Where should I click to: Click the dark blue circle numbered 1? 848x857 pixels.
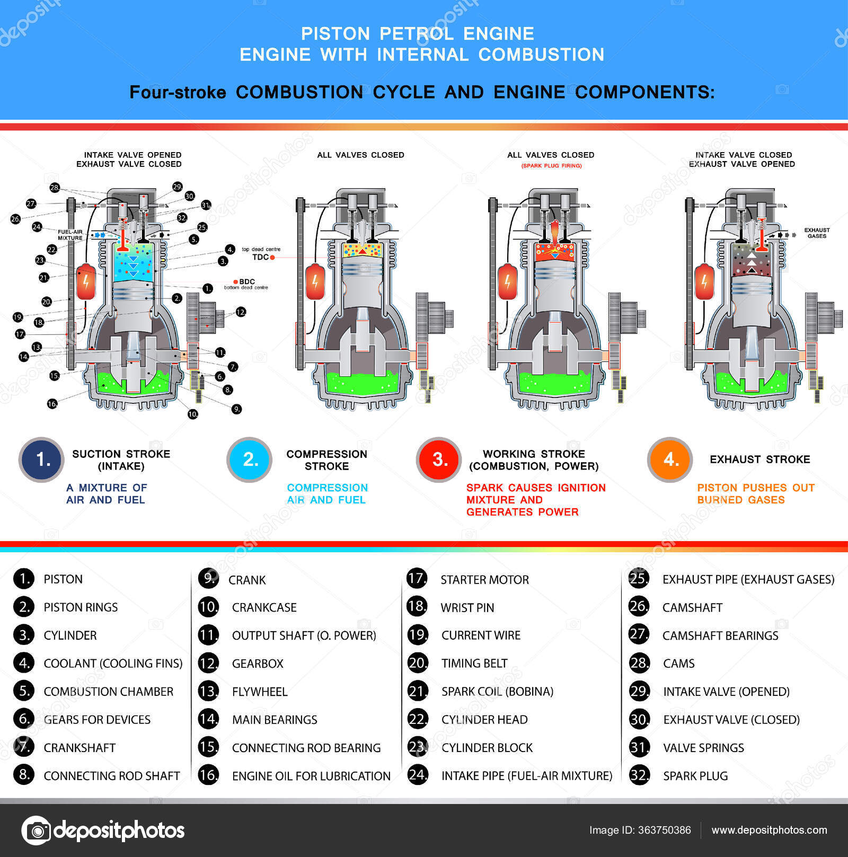coord(41,460)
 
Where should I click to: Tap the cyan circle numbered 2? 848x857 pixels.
coord(249,460)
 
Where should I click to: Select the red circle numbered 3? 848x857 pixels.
coord(438,460)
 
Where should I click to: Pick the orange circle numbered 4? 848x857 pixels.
coord(670,460)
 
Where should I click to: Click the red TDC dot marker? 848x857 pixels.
coord(272,257)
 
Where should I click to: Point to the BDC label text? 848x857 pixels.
coord(247,281)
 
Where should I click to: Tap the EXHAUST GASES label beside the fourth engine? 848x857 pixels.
coord(817,233)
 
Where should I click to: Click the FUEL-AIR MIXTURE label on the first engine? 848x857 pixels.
coord(70,235)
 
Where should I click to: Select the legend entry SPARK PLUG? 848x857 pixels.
coord(695,776)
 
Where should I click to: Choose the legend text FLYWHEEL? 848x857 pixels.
coord(260,692)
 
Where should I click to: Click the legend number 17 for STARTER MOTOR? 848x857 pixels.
coord(417,578)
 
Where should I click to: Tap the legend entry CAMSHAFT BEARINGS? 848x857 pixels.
coord(720,635)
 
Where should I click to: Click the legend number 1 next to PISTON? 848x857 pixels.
coord(24,579)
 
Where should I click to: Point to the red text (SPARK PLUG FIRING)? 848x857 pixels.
coord(551,166)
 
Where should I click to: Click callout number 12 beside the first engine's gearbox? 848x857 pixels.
coord(241,312)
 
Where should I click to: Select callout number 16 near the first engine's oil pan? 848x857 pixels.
coord(52,404)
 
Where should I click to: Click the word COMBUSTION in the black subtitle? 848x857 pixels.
coord(299,92)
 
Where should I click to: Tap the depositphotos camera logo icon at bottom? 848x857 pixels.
coord(36,831)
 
